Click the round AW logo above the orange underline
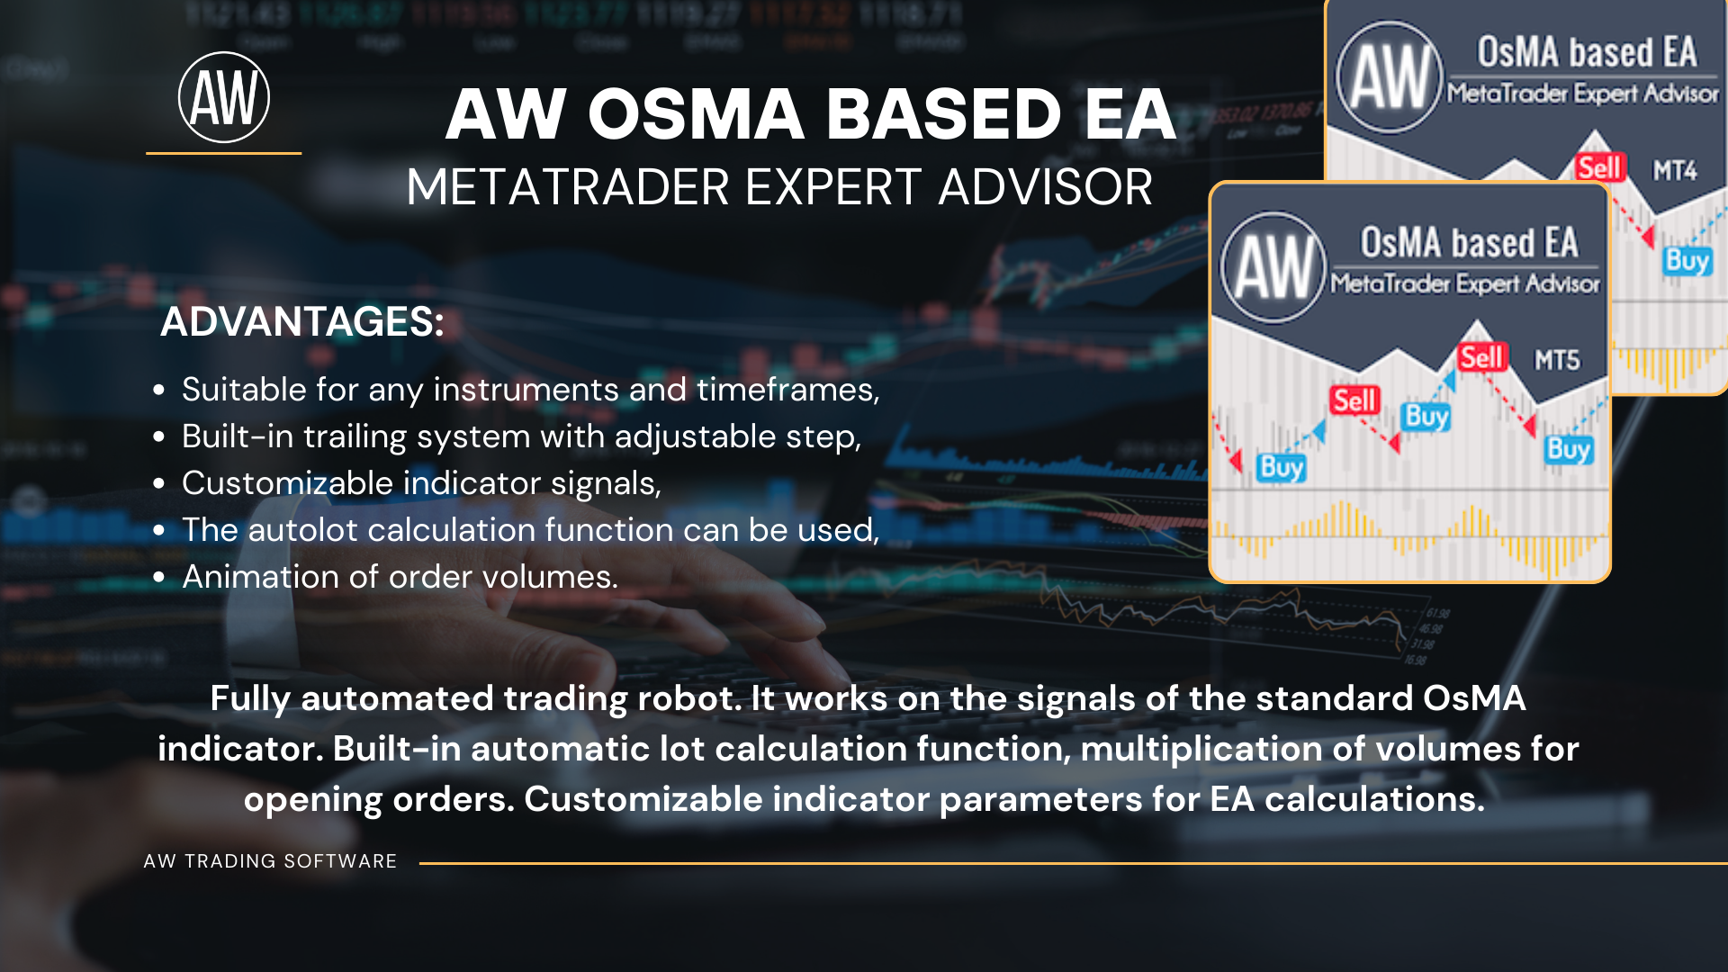224,97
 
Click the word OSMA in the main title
696,114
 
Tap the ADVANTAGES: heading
302,321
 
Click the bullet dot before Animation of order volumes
159,577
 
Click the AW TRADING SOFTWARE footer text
270,861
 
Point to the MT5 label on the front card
1557,360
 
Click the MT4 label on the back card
1674,170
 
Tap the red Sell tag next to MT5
1481,357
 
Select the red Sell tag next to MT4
1599,167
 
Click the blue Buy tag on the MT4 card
1687,261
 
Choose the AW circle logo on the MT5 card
1273,267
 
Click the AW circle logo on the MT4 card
1390,77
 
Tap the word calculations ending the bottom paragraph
1374,799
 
